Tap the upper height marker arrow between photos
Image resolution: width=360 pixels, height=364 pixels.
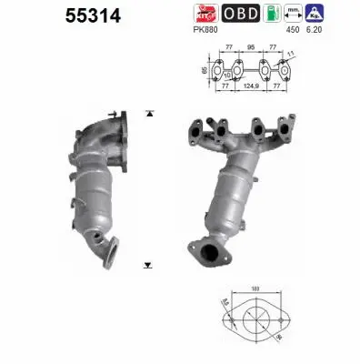click(147, 114)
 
